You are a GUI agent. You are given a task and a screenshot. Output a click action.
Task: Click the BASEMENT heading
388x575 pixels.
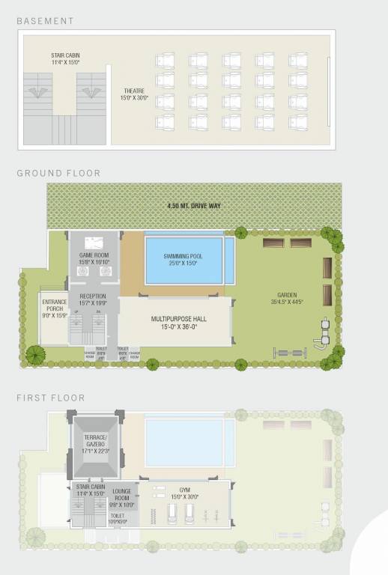pyautogui.click(x=46, y=21)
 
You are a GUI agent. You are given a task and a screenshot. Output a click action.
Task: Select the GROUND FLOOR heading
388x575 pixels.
pyautogui.click(x=58, y=173)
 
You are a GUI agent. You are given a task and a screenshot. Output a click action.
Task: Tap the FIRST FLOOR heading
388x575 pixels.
pyautogui.click(x=51, y=398)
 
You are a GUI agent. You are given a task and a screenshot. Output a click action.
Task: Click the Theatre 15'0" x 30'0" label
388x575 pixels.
pyautogui.click(x=135, y=94)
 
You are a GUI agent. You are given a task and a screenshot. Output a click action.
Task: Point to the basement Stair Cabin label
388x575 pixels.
pyautogui.click(x=65, y=58)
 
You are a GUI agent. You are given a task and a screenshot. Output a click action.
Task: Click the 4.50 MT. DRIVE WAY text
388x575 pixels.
pyautogui.click(x=194, y=206)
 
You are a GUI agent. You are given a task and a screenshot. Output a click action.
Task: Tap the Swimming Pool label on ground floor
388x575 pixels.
pyautogui.click(x=184, y=260)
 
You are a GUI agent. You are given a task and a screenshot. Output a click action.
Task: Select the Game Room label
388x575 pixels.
pyautogui.click(x=94, y=258)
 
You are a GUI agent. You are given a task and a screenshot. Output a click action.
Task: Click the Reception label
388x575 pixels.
pyautogui.click(x=94, y=300)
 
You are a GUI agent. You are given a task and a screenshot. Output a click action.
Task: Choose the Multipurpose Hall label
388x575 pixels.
pyautogui.click(x=175, y=321)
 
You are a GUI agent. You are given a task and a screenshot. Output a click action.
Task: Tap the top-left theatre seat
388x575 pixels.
pyautogui.click(x=163, y=58)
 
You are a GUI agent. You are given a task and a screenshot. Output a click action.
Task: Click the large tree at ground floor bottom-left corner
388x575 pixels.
pyautogui.click(x=34, y=355)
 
